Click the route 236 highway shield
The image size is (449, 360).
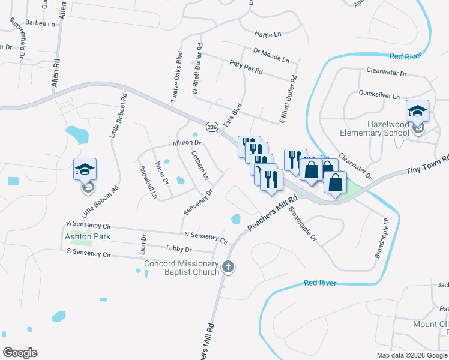coord(212,127)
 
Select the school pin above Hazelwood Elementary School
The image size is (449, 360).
coord(417,111)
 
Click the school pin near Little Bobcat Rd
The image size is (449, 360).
coord(85,170)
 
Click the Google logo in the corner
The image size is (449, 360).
coord(20,352)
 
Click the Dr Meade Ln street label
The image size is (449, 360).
coord(271,56)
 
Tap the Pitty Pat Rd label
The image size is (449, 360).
coord(246,67)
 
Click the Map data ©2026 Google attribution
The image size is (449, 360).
coord(412,355)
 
